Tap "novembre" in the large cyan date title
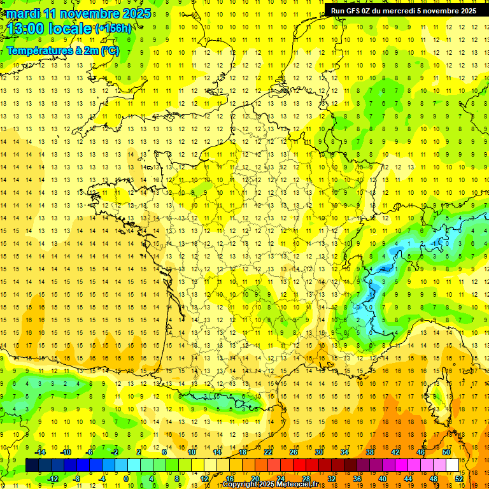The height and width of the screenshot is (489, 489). tap(91, 13)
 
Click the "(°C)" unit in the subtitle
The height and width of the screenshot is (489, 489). tap(109, 50)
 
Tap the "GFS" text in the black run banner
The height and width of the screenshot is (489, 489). tap(355, 11)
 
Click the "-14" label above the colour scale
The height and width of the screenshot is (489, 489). tap(40, 452)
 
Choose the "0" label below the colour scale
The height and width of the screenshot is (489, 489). tap(126, 478)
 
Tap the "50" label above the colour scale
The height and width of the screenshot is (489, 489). tap(446, 452)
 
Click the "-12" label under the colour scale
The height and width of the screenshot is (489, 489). tap(53, 478)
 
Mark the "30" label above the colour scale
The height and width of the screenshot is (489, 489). tap(318, 452)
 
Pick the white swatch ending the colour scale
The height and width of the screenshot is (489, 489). tap(453, 465)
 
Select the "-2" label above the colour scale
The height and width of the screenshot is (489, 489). tap(114, 452)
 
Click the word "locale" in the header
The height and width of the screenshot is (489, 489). tap(73, 29)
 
